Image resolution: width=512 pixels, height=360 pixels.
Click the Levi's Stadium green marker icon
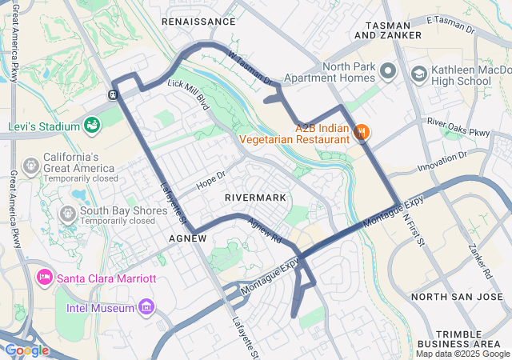tap(93, 126)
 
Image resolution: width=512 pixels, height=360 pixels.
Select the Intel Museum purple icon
tap(146, 307)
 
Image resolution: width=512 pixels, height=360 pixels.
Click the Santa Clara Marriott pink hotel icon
tap(44, 278)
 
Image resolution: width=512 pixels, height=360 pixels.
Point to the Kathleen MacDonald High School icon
tap(418, 74)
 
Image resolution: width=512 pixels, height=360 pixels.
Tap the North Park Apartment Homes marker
tap(388, 72)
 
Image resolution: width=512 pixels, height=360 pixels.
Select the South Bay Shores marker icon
tap(68, 214)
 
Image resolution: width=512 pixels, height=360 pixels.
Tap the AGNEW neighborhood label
tap(189, 238)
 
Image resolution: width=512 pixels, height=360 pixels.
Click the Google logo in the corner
tap(26, 350)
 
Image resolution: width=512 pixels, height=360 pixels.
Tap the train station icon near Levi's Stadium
tap(114, 94)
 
